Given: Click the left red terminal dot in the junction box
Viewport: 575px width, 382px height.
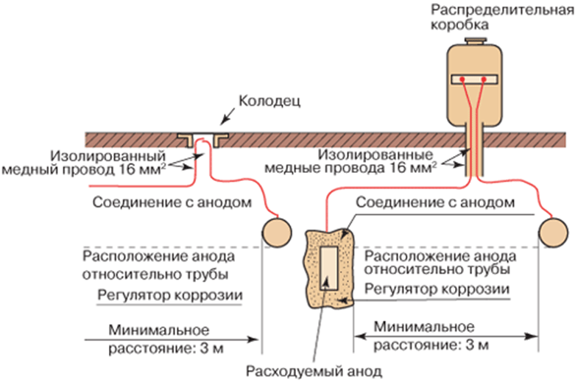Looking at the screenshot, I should click(x=462, y=78).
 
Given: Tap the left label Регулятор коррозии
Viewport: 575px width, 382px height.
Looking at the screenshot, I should click(x=170, y=296).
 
